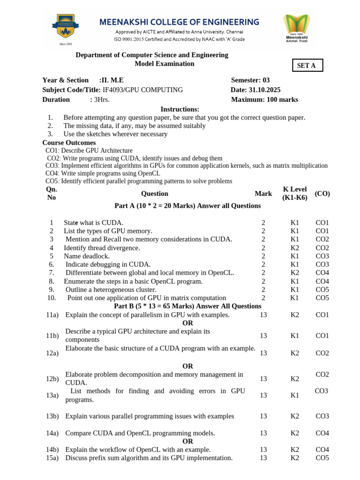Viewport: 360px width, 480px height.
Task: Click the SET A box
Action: coord(307,66)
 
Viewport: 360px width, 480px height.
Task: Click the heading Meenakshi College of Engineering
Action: coord(179,22)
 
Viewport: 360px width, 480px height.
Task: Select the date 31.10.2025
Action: coord(264,90)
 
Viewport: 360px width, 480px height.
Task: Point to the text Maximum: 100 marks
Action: coord(264,99)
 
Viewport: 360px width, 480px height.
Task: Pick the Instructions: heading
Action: coord(180,109)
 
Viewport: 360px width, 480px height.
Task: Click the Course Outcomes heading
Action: coord(69,142)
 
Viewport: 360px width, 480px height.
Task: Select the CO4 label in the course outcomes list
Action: coord(52,173)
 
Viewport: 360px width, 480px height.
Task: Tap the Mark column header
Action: coord(263,193)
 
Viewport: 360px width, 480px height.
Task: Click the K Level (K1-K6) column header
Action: coord(295,193)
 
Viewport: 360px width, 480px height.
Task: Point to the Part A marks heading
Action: coord(187,206)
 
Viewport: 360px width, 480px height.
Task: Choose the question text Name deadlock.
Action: coord(87,256)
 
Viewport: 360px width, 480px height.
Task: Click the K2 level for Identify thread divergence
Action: coord(294,247)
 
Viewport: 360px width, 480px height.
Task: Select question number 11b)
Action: coord(52,336)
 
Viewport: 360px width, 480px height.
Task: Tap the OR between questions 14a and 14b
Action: coord(187,441)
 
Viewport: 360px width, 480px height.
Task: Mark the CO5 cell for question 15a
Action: coord(322,458)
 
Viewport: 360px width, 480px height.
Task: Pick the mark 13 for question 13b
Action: coord(263,416)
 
